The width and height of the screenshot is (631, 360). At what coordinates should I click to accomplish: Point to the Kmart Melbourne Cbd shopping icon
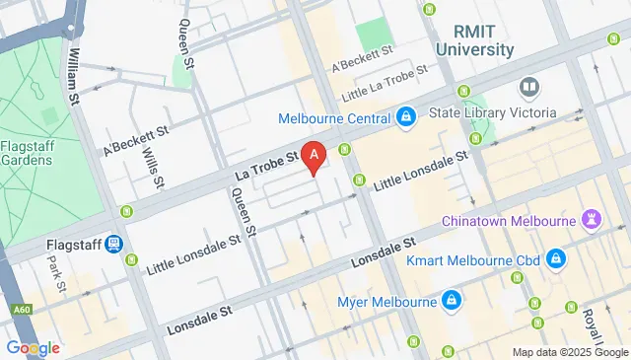(x=556, y=260)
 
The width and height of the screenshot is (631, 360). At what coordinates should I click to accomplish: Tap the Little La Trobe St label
(x=382, y=84)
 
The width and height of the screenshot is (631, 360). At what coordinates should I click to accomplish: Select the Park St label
(x=55, y=274)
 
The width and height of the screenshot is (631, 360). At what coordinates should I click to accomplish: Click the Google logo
(x=33, y=347)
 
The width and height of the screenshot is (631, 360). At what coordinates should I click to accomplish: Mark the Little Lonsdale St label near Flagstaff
(x=192, y=254)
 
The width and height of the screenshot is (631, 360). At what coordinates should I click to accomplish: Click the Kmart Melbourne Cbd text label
(x=473, y=261)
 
